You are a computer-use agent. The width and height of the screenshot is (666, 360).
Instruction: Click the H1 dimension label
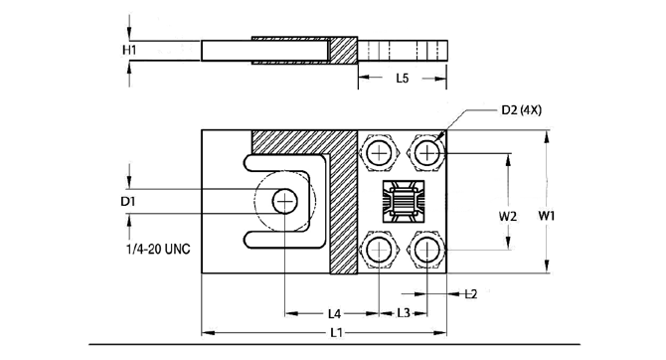(129, 50)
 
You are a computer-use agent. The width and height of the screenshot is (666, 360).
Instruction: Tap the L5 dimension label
(403, 79)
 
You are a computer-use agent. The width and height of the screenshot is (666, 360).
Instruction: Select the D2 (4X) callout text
(522, 110)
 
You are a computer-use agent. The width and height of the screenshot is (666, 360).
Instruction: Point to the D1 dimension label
(128, 201)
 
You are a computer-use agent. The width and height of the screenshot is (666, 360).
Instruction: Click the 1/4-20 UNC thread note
(158, 249)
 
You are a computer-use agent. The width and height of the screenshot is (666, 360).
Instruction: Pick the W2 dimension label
(508, 216)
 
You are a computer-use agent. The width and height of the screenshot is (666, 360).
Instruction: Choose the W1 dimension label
(547, 216)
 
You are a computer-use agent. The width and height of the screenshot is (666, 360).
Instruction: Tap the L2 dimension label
(471, 293)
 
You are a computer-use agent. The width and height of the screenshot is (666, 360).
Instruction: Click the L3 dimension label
(404, 313)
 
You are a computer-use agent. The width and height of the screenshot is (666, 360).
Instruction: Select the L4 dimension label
(335, 313)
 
